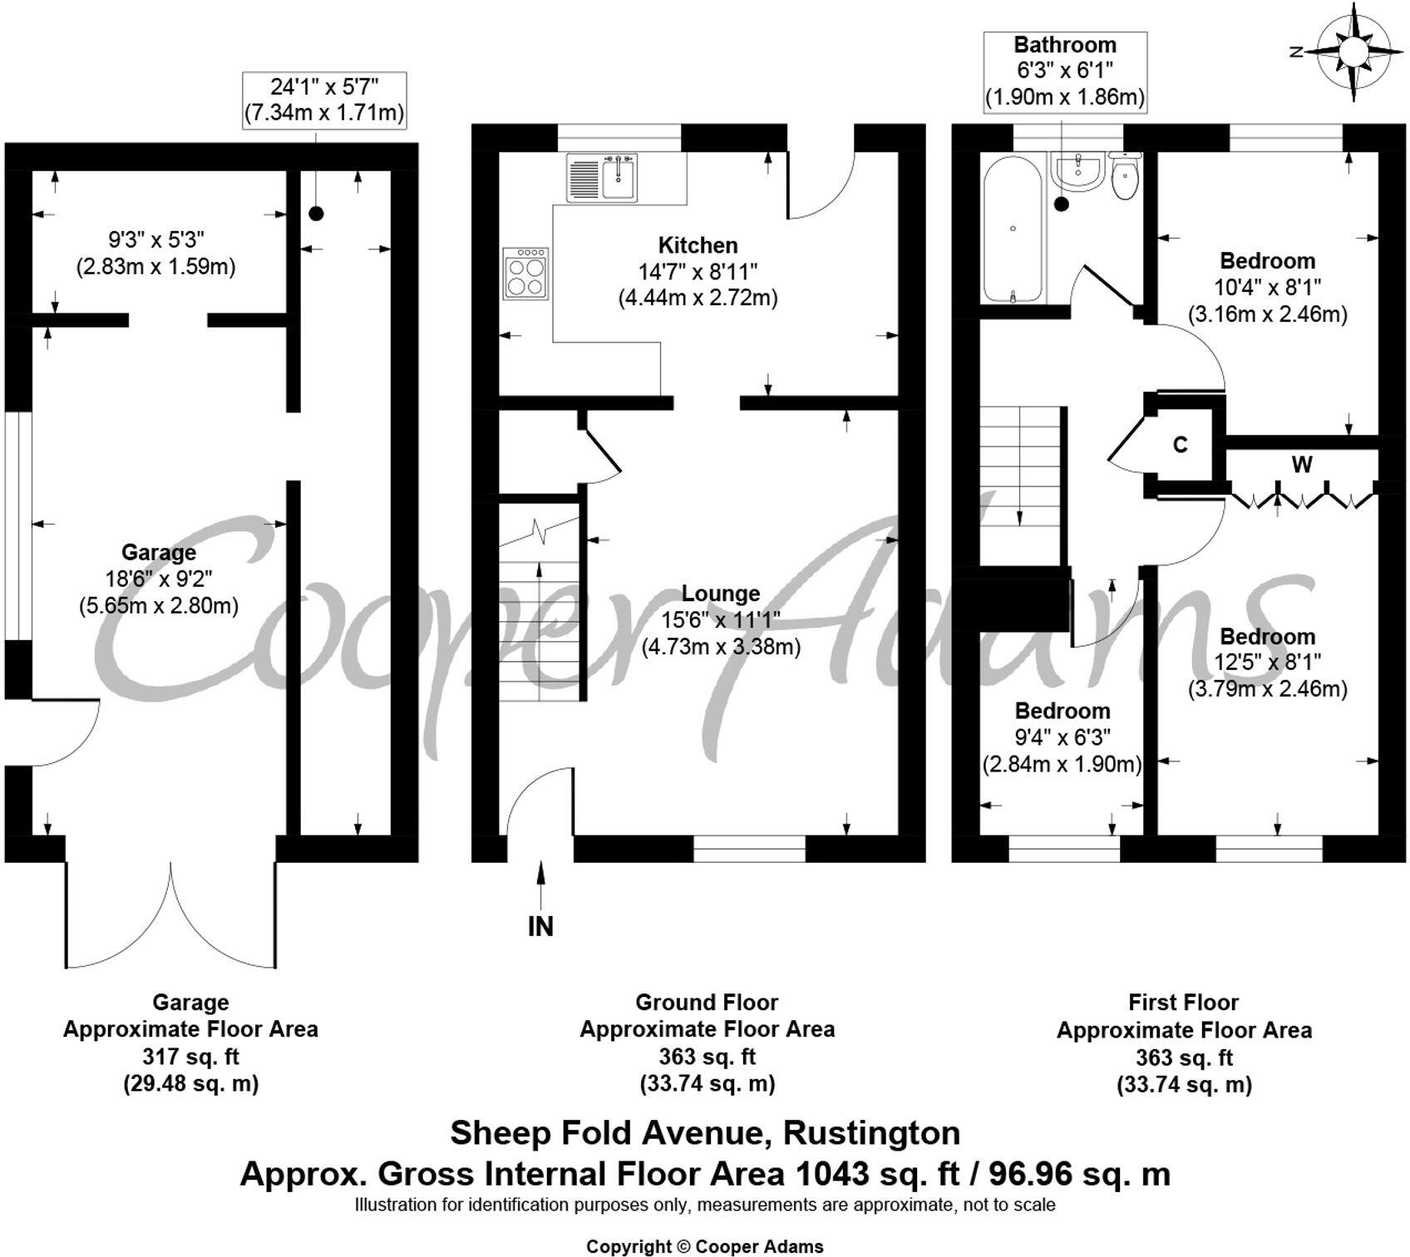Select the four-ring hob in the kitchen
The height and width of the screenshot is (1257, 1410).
(525, 274)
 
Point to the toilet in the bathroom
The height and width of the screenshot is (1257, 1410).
(1125, 177)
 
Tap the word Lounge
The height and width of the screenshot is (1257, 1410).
(721, 594)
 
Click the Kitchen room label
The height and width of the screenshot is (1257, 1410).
(698, 245)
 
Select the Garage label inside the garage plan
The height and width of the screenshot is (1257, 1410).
(159, 552)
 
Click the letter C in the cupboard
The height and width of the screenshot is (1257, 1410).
(1180, 445)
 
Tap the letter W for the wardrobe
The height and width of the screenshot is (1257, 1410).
(1302, 465)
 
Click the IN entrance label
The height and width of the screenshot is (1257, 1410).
(540, 926)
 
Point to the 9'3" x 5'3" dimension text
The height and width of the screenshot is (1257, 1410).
(156, 240)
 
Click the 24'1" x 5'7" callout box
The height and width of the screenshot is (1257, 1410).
(324, 100)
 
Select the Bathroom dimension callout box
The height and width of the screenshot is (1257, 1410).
(1065, 71)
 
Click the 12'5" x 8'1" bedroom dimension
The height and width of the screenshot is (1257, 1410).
(1267, 663)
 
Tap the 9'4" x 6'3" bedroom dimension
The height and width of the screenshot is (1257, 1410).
(1062, 737)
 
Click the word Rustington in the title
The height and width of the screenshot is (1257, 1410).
(872, 1133)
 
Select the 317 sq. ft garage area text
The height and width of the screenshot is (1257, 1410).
(190, 1057)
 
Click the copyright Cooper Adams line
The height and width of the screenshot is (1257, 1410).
(705, 1246)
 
